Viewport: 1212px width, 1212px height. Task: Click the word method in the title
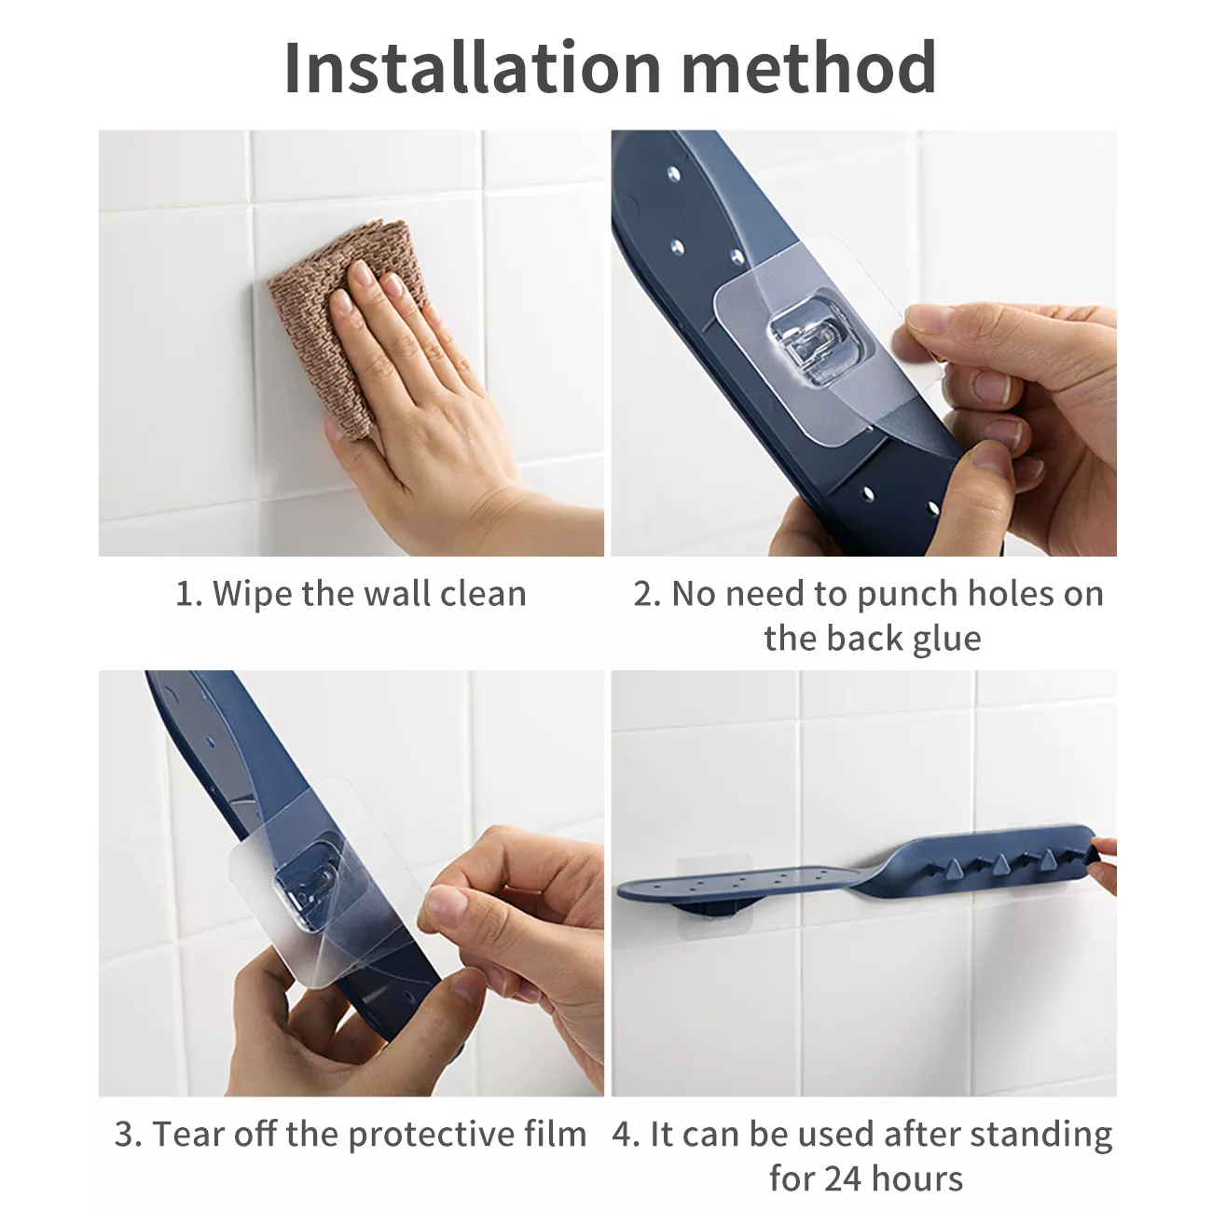tap(809, 67)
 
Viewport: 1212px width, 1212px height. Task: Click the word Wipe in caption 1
tap(251, 594)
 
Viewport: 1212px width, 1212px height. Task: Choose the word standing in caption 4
tap(1041, 1136)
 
